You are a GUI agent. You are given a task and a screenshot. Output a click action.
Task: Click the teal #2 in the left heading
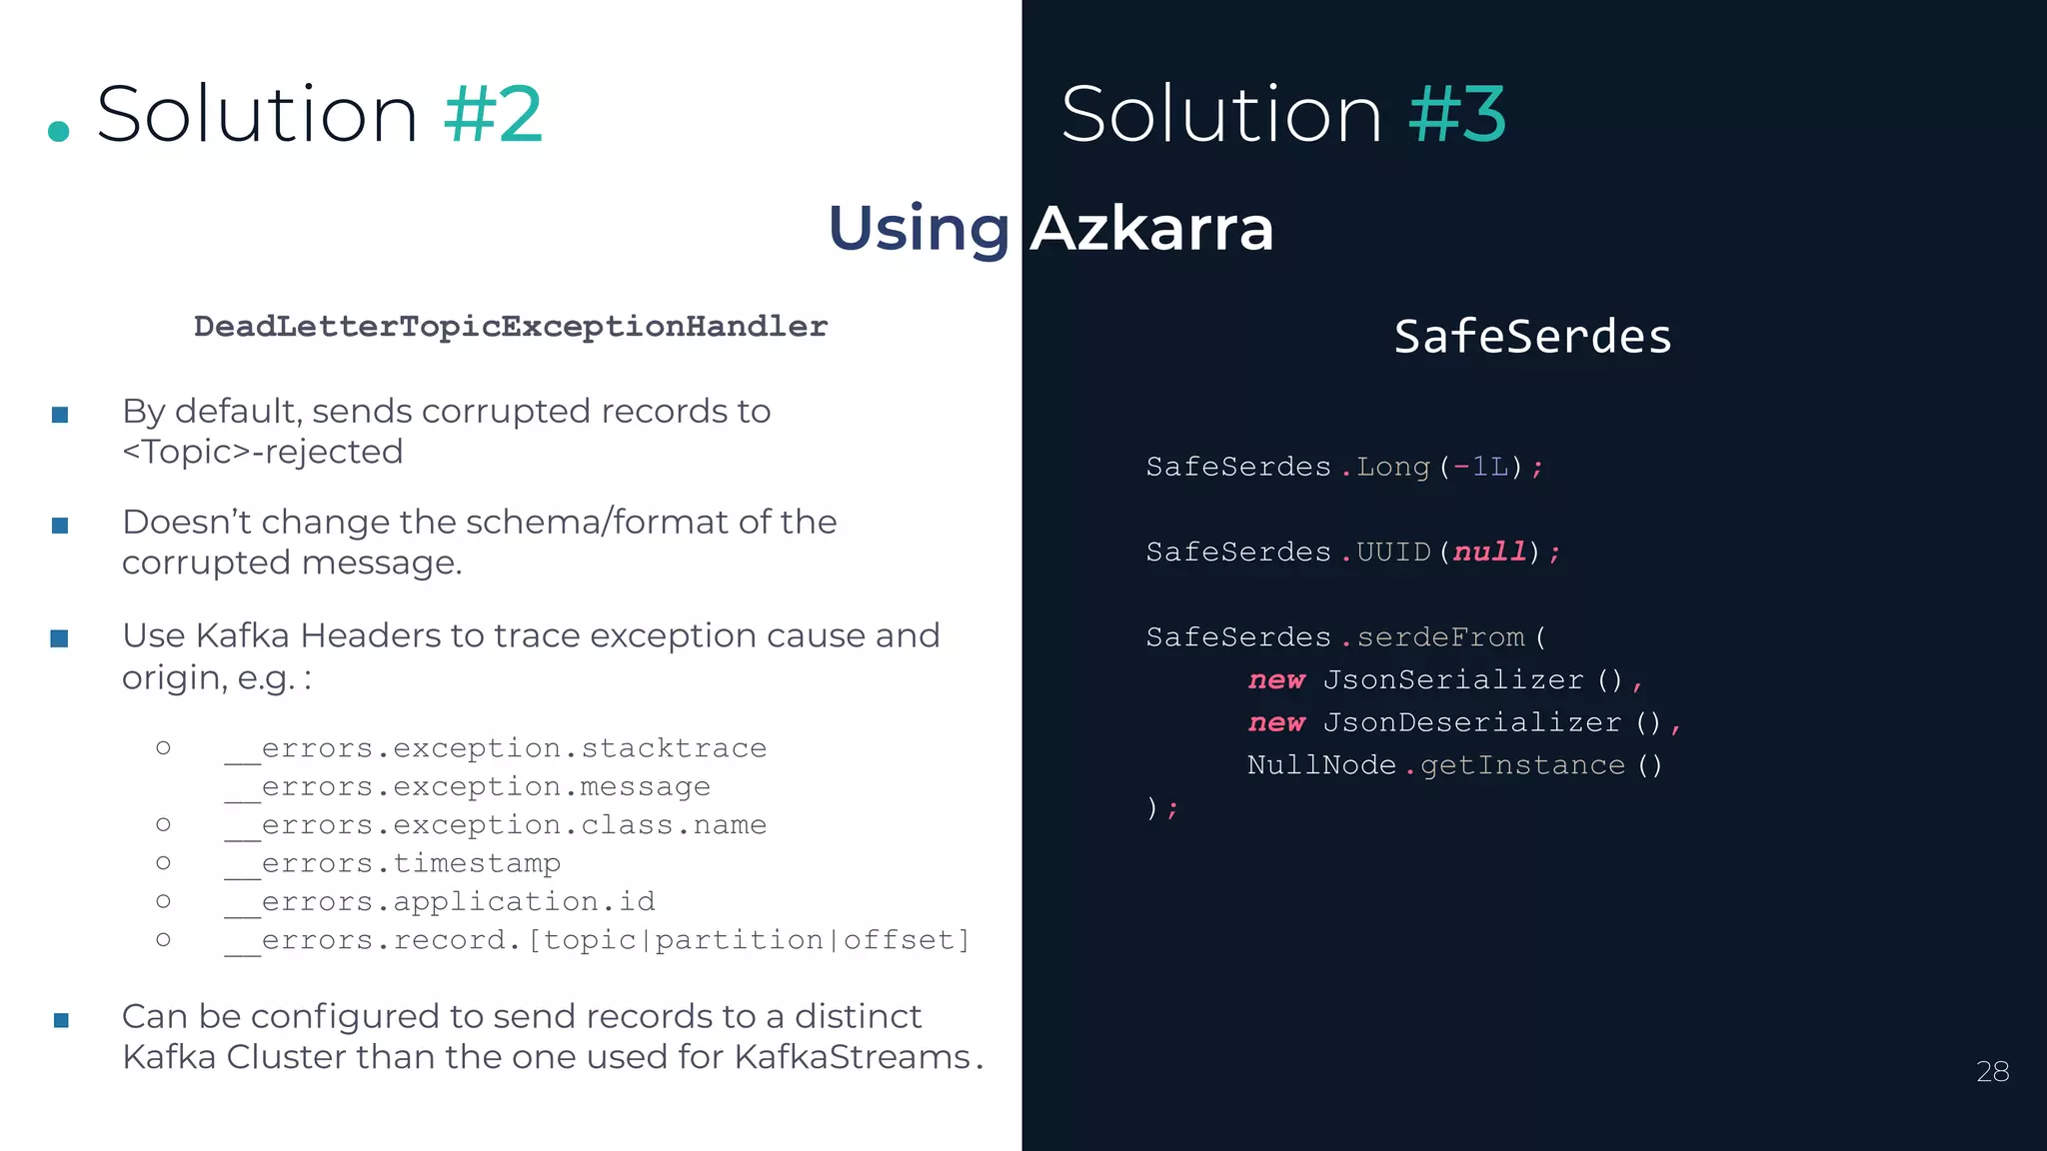(493, 114)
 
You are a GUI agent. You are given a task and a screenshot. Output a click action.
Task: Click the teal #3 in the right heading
(1456, 114)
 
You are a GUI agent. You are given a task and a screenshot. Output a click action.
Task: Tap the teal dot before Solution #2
(59, 131)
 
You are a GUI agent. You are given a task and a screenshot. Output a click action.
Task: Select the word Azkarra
(1151, 228)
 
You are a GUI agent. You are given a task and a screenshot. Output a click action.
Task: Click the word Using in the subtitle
(919, 228)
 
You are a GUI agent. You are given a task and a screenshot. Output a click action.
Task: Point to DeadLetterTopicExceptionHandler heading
(510, 326)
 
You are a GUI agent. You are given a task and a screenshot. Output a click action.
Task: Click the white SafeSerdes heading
(1532, 337)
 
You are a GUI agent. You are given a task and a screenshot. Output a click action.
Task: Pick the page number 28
(1992, 1071)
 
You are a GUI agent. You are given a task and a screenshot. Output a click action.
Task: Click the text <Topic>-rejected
(262, 452)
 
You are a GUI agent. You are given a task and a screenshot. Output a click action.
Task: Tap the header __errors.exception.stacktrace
(496, 748)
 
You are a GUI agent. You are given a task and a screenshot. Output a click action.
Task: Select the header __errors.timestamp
(393, 863)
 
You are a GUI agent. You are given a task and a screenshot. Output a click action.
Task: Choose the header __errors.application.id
(440, 901)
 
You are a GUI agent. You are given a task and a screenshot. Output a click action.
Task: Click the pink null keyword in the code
(1489, 552)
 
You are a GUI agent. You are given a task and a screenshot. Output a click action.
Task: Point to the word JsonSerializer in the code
(1453, 679)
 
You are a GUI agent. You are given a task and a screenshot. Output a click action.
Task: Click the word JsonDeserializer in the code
(1471, 722)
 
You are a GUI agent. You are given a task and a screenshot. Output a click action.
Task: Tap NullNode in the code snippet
(1321, 765)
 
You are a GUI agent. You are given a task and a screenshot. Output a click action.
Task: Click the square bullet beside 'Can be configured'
(61, 1020)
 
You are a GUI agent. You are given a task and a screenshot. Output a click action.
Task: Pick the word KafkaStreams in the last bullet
(853, 1057)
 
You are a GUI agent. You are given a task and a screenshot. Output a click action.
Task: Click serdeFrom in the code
(1440, 636)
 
